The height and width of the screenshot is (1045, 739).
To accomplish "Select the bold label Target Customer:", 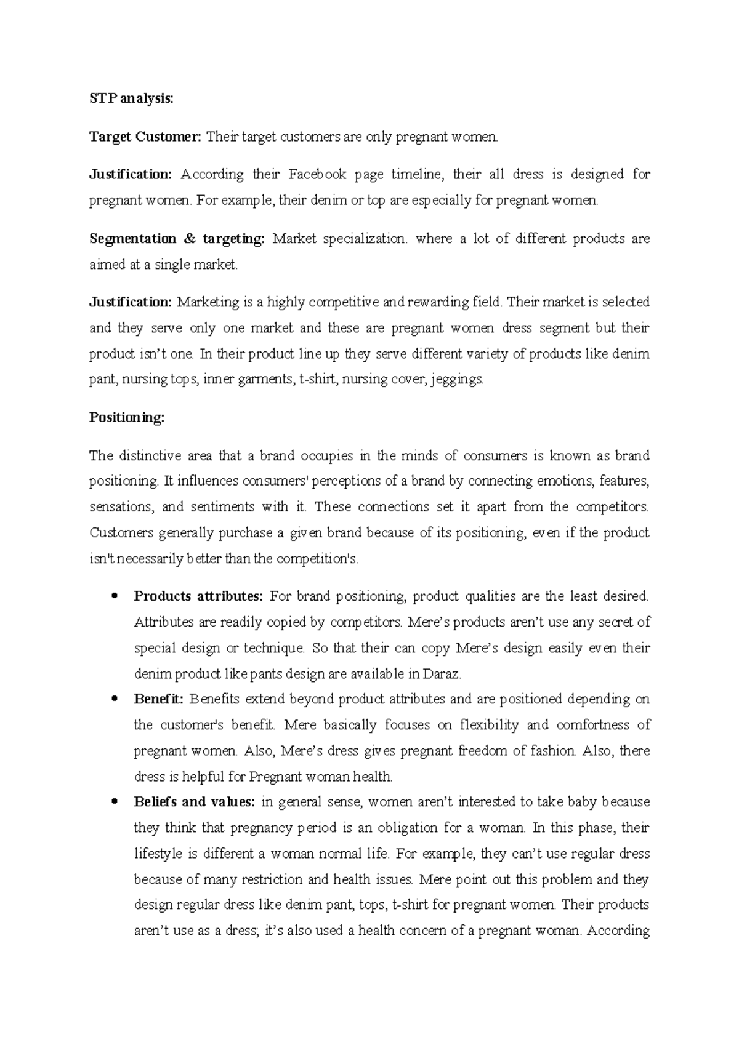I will pos(145,137).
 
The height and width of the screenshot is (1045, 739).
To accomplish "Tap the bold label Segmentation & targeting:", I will pos(177,239).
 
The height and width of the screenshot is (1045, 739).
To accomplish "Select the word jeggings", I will pos(458,380).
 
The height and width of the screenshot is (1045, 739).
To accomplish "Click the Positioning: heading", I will pos(127,418).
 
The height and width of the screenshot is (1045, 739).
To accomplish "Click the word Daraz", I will pos(441,674).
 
